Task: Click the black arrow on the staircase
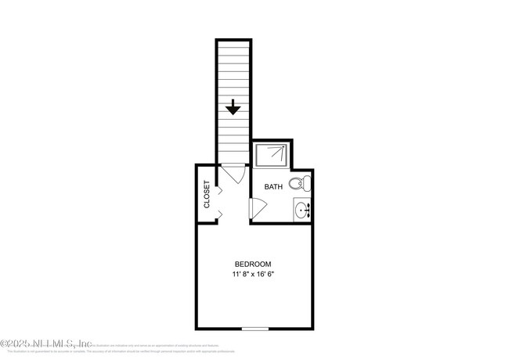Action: pos(233,106)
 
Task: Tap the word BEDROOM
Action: pos(252,264)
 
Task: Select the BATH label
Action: pos(273,187)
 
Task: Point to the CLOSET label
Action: pos(207,194)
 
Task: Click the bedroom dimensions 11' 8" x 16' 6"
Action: pos(252,275)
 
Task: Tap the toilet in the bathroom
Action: pos(299,184)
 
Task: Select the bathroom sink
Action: pos(303,210)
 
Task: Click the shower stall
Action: pos(271,154)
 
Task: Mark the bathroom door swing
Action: pos(258,208)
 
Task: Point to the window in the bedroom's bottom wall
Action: pos(254,329)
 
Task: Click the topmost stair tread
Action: pos(233,44)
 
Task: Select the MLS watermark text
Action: pos(47,343)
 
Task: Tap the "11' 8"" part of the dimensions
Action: pos(238,275)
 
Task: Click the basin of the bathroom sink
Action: pos(301,210)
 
